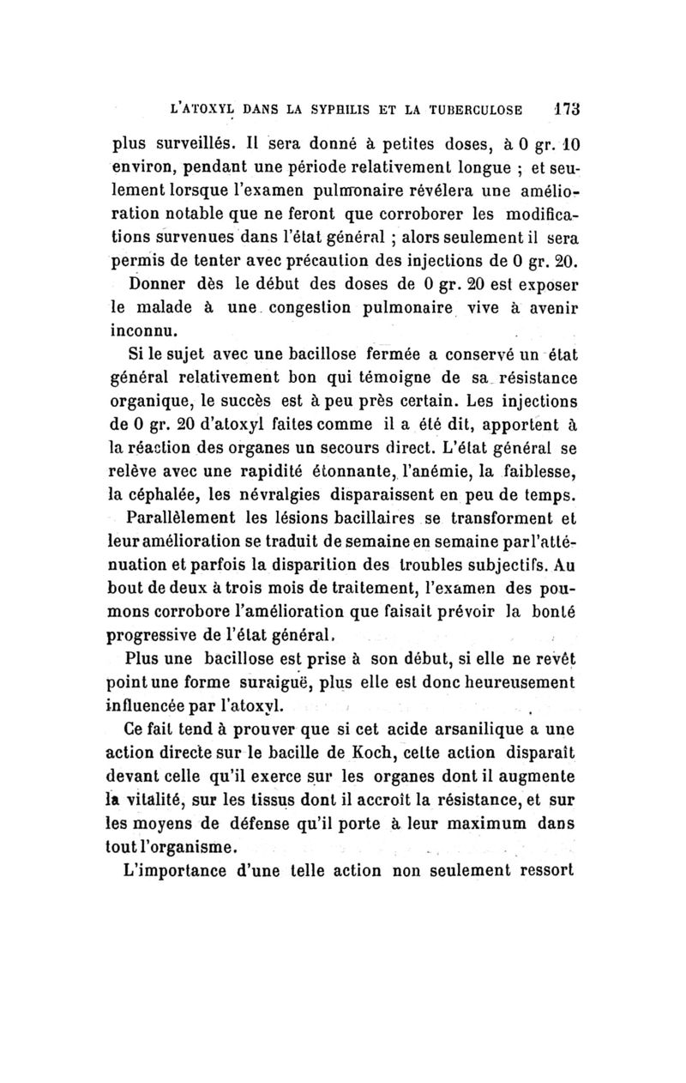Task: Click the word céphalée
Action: click(167, 493)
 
